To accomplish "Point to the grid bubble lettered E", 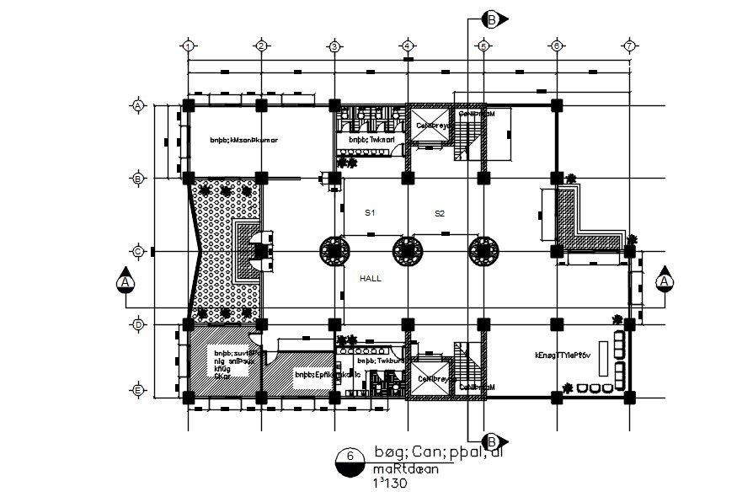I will coord(137,390).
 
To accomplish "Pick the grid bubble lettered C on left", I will coord(137,251).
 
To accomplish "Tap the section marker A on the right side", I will coord(665,281).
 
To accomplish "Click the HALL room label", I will coord(371,277).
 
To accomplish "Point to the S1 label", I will coord(369,213).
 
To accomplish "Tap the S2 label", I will coord(439,213).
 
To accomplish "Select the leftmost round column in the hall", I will coord(334,251).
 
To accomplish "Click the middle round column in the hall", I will coord(407,251).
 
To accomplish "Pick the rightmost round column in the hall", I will coord(483,251).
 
